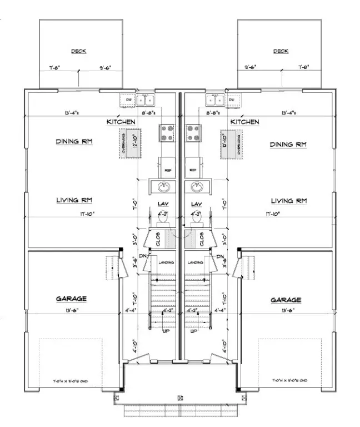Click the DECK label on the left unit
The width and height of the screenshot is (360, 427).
pyautogui.click(x=79, y=51)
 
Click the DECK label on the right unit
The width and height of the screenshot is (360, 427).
pyautogui.click(x=281, y=51)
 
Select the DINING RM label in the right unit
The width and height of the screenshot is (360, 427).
pyautogui.click(x=288, y=144)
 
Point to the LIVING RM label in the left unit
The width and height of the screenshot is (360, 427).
pyautogui.click(x=74, y=200)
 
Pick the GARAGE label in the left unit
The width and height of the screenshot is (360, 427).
pyautogui.click(x=72, y=299)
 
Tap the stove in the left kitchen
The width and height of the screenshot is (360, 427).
pyautogui.click(x=167, y=132)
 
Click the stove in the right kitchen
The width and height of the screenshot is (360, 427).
pyautogui.click(x=194, y=132)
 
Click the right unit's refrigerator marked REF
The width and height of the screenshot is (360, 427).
pyautogui.click(x=193, y=170)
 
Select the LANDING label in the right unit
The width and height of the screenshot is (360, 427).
pyautogui.click(x=196, y=262)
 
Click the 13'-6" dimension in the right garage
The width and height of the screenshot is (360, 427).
pyautogui.click(x=287, y=309)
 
